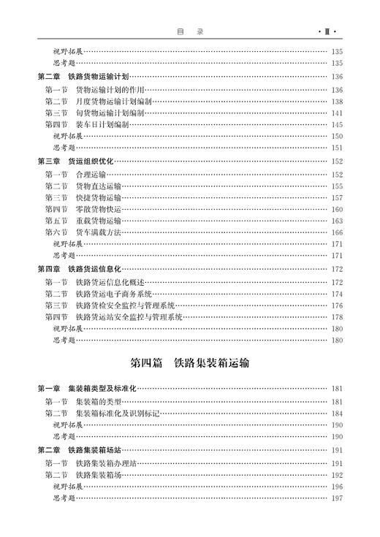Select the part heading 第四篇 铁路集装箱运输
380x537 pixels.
pos(189,362)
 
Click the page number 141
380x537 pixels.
pos(337,113)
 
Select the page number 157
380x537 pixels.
pos(337,197)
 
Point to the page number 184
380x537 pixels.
pos(337,414)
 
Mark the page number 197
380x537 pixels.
pos(337,498)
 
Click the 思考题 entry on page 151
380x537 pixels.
pos(64,148)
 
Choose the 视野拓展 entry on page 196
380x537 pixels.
pos(67,486)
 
